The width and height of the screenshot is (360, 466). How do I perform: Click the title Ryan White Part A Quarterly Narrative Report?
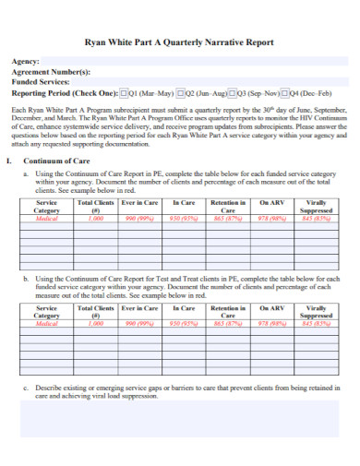[x=179, y=42]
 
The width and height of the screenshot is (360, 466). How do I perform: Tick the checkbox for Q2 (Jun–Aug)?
[x=182, y=93]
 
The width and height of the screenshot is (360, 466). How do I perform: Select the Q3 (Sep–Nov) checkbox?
[x=234, y=93]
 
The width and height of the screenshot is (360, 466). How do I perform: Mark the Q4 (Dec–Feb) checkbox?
[x=285, y=93]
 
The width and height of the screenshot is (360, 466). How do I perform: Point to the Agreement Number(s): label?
[x=51, y=72]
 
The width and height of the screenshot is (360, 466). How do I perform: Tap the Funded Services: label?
[x=43, y=82]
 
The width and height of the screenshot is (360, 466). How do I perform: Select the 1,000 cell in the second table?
[x=96, y=324]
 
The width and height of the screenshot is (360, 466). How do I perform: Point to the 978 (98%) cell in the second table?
[x=271, y=324]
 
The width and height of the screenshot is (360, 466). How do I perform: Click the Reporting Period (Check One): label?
[x=66, y=93]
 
